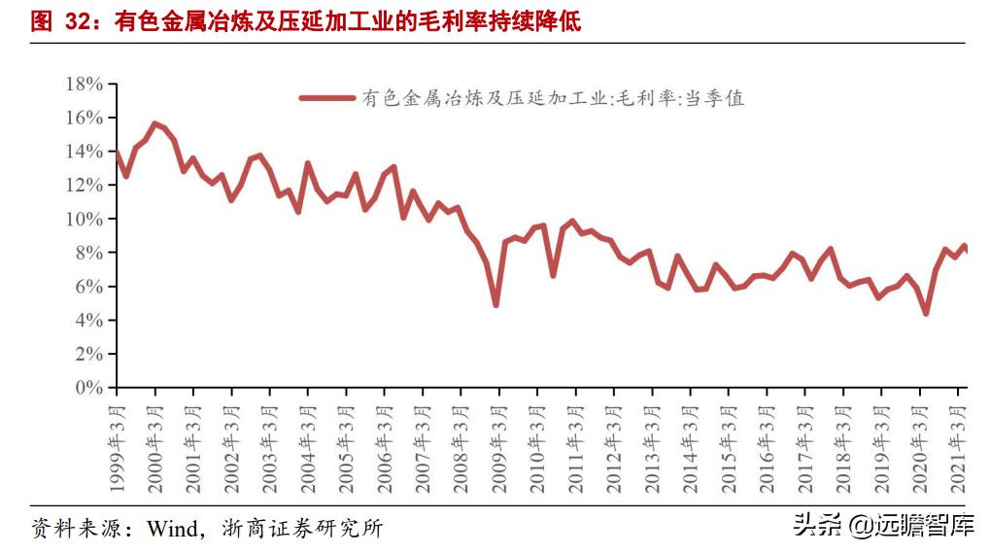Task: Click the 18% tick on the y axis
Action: pos(84,85)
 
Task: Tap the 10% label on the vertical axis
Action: pos(84,220)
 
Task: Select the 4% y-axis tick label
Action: pos(87,321)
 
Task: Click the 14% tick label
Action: pos(84,152)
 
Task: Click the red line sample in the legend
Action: pos(326,98)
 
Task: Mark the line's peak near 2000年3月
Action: pos(154,123)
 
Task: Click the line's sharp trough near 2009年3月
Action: pos(495,305)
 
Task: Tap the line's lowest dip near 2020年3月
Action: pos(926,313)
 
